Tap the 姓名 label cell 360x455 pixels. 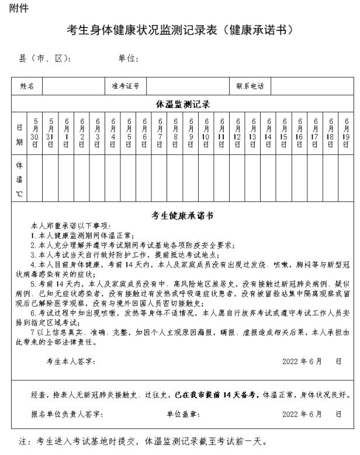click(26, 86)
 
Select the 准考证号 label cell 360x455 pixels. click(125, 86)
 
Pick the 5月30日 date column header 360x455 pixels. click(36, 133)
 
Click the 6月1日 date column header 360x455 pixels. click(67, 133)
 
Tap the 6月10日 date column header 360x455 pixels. click(206, 133)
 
